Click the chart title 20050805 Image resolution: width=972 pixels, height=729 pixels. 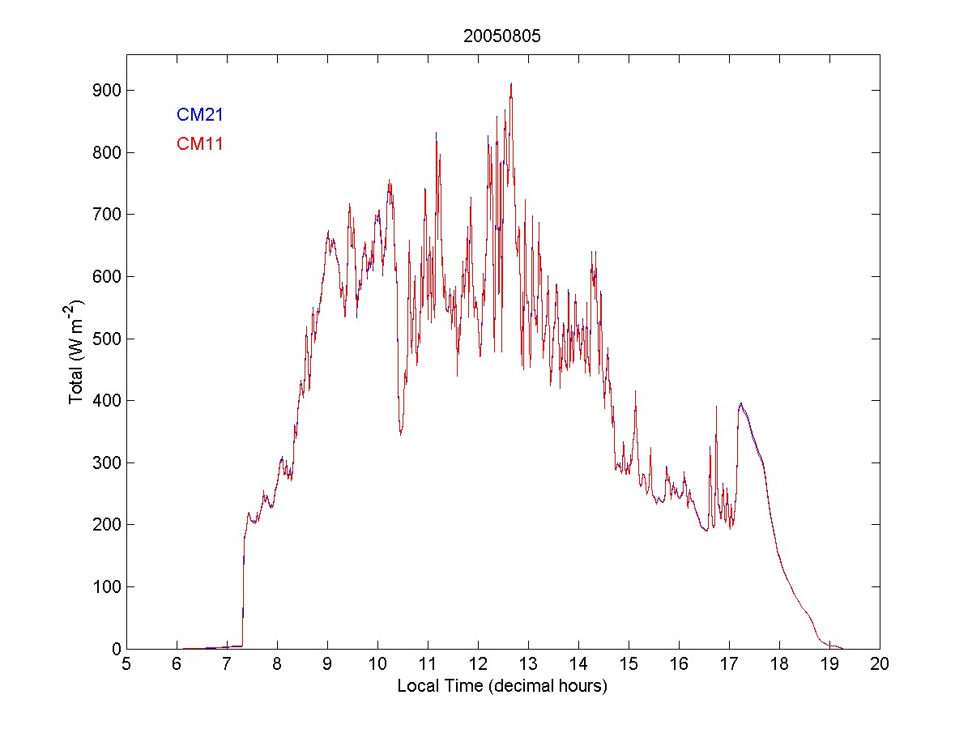click(x=502, y=36)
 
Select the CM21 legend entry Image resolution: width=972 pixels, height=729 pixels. click(x=199, y=115)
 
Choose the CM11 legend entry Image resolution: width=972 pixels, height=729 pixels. click(x=199, y=145)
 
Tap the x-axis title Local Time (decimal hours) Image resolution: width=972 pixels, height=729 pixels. click(x=502, y=686)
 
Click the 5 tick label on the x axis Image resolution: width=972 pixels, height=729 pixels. click(x=126, y=664)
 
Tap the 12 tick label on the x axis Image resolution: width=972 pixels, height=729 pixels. click(x=478, y=664)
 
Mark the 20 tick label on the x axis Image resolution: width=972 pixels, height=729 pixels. click(x=880, y=664)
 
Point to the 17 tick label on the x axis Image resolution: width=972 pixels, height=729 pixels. click(x=729, y=664)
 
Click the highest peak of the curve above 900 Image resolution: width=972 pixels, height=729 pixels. click(x=511, y=83)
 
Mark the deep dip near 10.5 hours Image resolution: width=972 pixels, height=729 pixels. click(x=400, y=433)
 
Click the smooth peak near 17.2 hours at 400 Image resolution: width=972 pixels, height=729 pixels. click(x=740, y=403)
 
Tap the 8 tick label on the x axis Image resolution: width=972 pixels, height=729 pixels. click(x=277, y=664)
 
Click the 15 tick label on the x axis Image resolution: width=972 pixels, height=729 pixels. click(x=629, y=664)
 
